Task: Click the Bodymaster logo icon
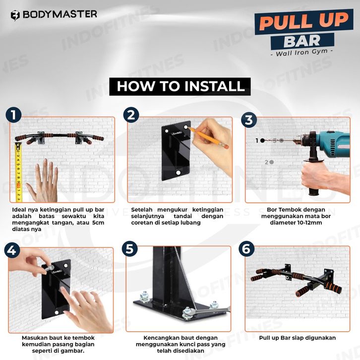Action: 15,15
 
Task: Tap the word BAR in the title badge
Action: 302,41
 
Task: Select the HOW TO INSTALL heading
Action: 180,86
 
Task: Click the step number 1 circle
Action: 13,115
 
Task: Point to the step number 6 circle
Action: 246,249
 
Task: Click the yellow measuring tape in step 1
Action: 18,172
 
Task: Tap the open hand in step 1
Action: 44,181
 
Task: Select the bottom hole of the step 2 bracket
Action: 178,173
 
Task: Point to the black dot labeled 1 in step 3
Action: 262,140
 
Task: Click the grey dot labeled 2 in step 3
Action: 272,162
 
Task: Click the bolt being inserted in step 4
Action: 48,268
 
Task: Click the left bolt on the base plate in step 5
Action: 145,297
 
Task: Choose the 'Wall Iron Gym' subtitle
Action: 302,53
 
